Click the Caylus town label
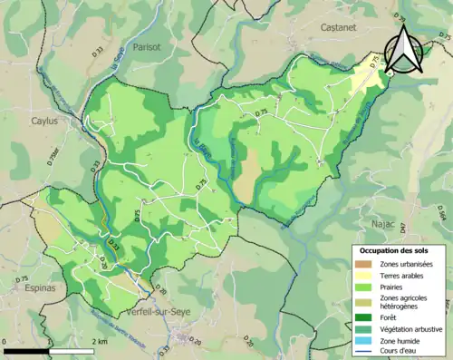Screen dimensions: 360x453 tap(43, 121)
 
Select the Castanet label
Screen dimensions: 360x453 tap(342, 29)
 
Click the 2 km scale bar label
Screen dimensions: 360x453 tap(101, 341)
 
